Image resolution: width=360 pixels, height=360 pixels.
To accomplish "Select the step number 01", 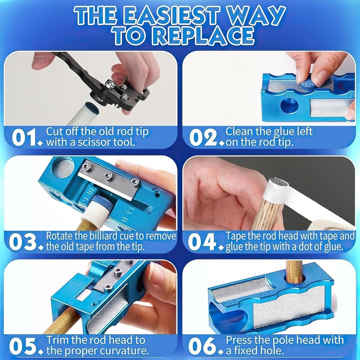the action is tap(24, 137).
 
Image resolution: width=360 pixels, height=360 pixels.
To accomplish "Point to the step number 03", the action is tap(22, 242).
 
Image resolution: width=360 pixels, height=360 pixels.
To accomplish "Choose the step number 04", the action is tap(202, 242).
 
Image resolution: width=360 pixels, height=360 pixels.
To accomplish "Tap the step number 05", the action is tap(23, 346).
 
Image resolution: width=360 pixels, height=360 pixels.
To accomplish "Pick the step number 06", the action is tap(202, 346).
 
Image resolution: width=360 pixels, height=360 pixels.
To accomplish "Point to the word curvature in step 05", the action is tap(125, 351).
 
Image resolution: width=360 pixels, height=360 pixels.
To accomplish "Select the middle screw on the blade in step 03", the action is tap(108, 176).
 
